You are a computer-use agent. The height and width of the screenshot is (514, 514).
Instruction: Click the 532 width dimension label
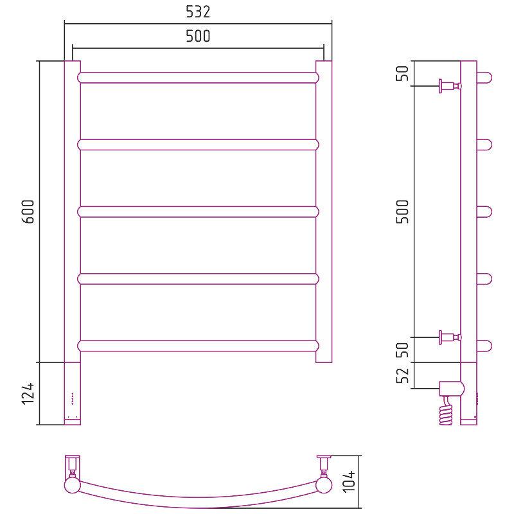pyautogui.click(x=198, y=12)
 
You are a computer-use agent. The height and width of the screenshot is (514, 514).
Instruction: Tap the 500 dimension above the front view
pyautogui.click(x=198, y=36)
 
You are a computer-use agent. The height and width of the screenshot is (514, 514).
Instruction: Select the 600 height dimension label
pyautogui.click(x=28, y=211)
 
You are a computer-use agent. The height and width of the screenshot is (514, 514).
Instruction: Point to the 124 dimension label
pyautogui.click(x=28, y=393)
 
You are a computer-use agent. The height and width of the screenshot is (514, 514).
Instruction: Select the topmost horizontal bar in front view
pyautogui.click(x=199, y=78)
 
